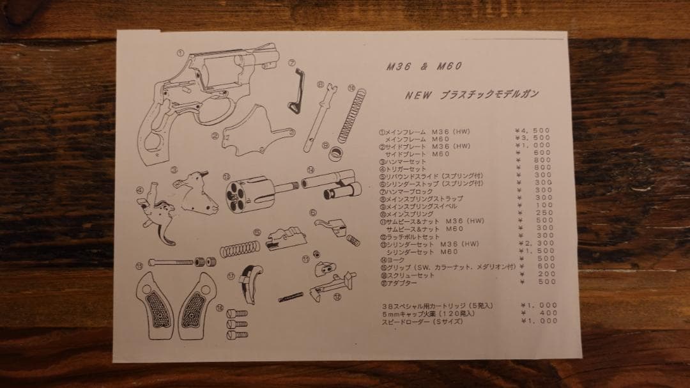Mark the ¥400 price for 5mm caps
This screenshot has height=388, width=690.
coord(539,313)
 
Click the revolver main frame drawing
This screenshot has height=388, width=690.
coord(204,96)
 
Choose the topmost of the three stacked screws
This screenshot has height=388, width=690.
coord(236,314)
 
